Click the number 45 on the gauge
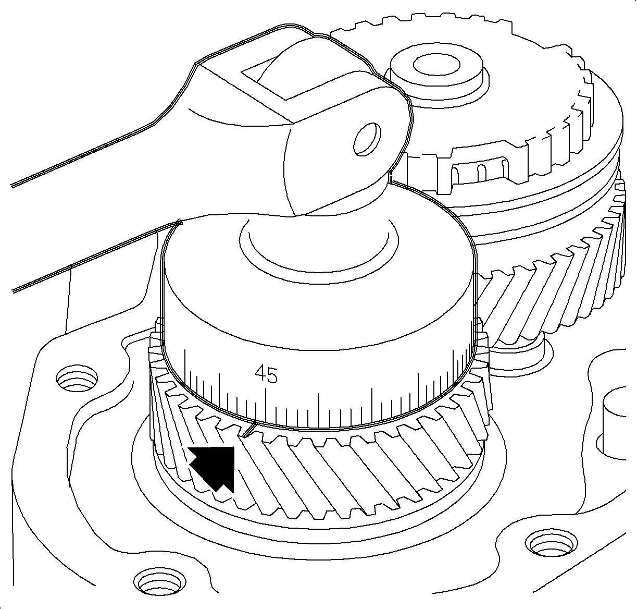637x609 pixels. click(x=266, y=374)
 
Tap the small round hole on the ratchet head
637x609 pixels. click(x=367, y=139)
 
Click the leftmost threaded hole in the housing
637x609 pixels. click(x=77, y=378)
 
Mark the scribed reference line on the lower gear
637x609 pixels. click(x=250, y=430)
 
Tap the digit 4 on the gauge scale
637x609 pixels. click(x=260, y=374)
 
